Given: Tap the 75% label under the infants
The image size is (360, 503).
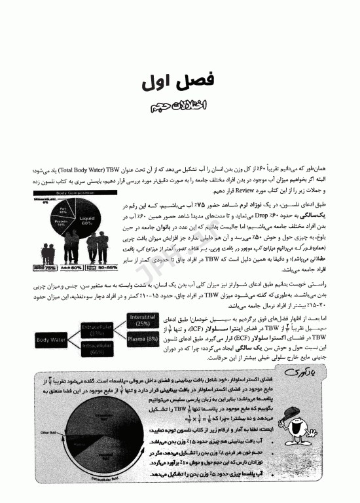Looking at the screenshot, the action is [x=46, y=268].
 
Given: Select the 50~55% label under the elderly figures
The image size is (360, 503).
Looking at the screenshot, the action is [x=103, y=268].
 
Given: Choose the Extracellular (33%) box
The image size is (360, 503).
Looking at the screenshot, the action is [x=97, y=329].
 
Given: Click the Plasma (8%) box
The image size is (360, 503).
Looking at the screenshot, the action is [x=143, y=339].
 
